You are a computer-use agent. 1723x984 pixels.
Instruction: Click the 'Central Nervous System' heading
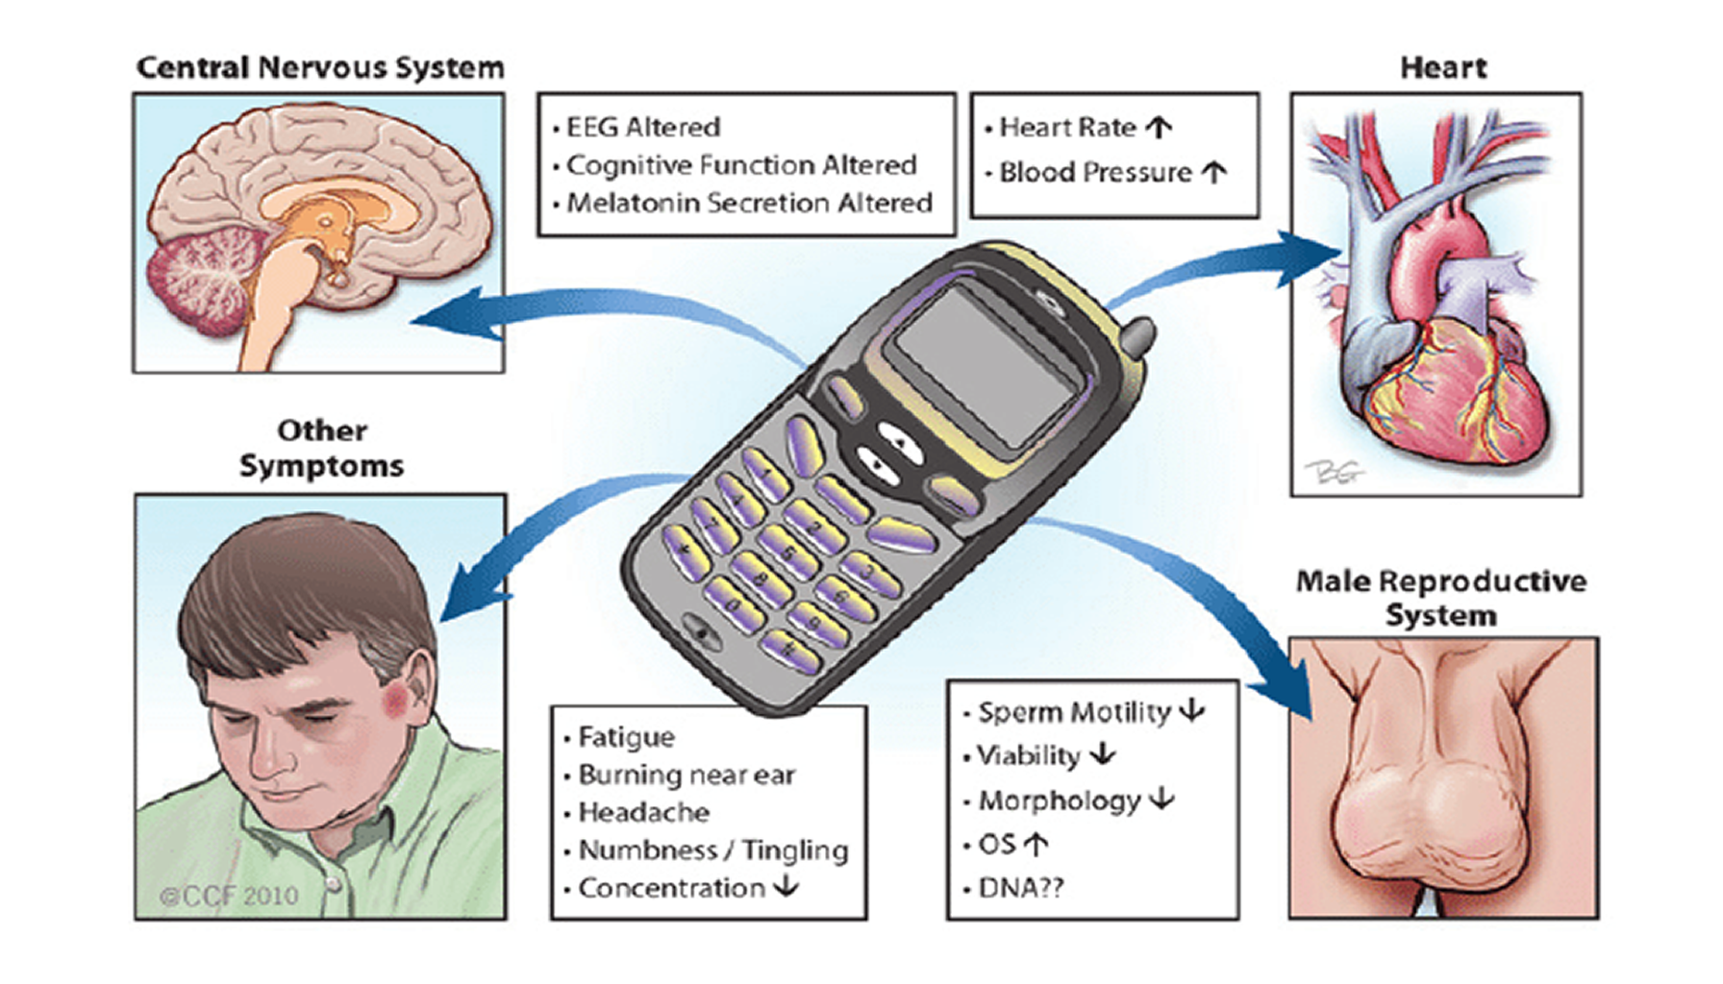(320, 68)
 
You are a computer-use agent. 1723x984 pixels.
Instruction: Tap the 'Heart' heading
(1442, 68)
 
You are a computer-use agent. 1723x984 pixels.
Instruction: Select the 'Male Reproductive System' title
(1440, 598)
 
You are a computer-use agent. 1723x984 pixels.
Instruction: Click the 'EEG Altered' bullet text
(642, 127)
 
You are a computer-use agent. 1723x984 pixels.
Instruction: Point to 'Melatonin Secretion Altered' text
(749, 203)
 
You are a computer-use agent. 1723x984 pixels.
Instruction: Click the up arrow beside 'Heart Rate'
(1160, 127)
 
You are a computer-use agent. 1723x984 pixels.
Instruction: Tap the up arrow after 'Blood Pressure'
(1214, 172)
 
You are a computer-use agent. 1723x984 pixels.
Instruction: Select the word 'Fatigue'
(626, 737)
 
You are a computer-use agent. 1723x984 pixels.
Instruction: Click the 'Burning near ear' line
(687, 775)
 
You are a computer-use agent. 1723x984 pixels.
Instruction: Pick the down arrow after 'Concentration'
(787, 886)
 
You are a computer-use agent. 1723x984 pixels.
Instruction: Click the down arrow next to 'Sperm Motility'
(1192, 711)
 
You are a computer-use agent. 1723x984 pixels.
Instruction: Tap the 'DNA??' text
(1020, 888)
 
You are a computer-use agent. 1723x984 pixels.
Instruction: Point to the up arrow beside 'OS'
(1036, 845)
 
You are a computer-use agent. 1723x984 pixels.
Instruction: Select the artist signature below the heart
(1334, 472)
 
